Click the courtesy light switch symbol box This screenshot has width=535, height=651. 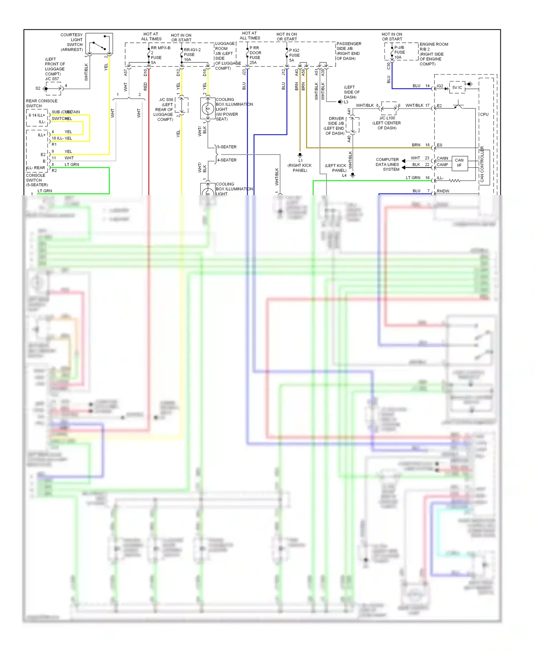(99, 44)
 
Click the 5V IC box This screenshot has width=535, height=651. (457, 87)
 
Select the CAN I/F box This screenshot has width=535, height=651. (459, 163)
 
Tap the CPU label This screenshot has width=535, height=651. (484, 115)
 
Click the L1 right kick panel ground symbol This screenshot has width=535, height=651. (300, 155)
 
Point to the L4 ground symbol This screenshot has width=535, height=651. (352, 175)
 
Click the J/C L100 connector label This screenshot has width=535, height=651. (387, 118)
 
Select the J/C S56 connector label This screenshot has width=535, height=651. (166, 100)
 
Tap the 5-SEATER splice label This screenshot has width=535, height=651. (227, 147)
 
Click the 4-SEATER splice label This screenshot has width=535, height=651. (227, 160)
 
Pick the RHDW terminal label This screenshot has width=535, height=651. (443, 191)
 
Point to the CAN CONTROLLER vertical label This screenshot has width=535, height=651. (482, 164)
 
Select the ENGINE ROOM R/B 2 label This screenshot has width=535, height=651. (434, 47)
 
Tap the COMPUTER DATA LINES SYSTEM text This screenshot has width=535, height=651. (387, 164)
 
